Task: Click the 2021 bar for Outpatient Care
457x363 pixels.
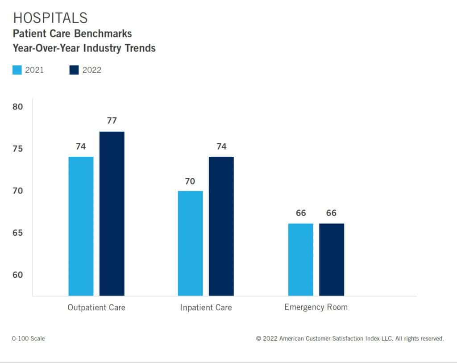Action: [x=81, y=226]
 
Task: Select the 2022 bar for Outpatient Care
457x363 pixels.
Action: [x=112, y=213]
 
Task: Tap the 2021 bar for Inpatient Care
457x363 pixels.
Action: [x=190, y=243]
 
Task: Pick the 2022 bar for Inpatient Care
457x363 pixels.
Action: [x=221, y=226]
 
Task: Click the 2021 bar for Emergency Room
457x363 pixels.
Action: [x=300, y=259]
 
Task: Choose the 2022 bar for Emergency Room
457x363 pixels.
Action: [x=331, y=259]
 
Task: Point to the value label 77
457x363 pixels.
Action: [x=112, y=121]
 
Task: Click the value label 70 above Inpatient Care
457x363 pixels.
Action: [x=190, y=181]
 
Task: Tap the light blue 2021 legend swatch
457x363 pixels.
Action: [x=17, y=70]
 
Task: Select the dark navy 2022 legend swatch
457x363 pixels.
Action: [x=74, y=70]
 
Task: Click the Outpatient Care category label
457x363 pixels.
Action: [x=96, y=308]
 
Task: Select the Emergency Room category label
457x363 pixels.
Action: [x=316, y=307]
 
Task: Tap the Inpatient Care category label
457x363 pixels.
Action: [x=206, y=308]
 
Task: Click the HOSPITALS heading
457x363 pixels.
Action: [x=50, y=18]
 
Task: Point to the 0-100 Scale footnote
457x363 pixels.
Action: [x=29, y=338]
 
